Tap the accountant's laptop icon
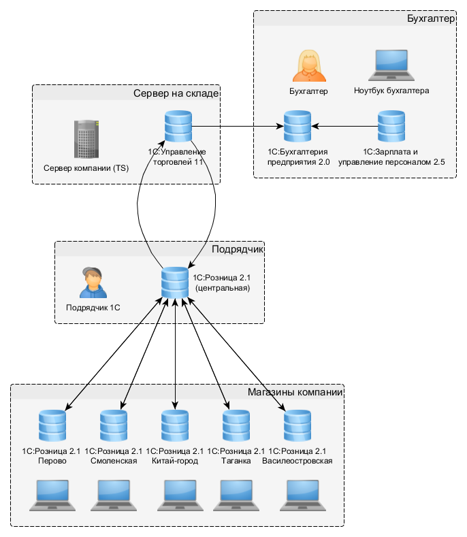coord(391,65)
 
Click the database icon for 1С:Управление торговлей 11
coord(178,127)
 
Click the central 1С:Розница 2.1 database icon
coord(175,282)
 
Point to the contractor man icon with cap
coord(93,282)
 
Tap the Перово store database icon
coord(52,425)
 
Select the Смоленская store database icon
coord(114,425)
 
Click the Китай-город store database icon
coord(175,425)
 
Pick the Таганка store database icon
coord(236,425)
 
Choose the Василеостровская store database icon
coord(297,425)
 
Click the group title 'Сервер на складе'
coord(176,93)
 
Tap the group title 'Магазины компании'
coord(294,393)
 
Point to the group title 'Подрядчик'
coord(237,249)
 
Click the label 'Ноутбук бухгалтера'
coord(391,90)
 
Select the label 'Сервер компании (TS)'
coord(86,167)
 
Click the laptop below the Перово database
coord(52,495)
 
